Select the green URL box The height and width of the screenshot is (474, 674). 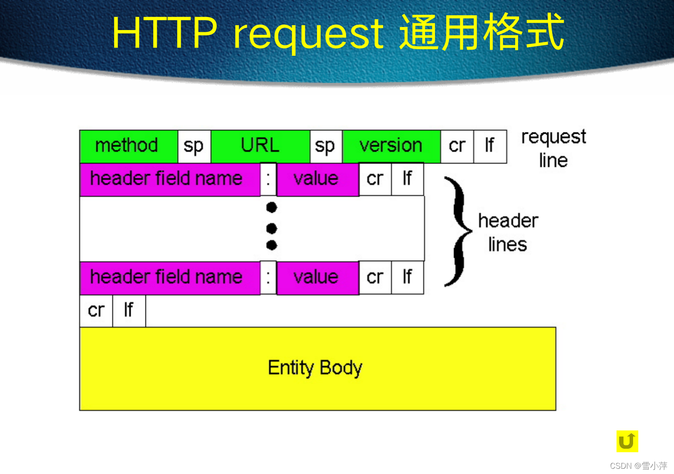[260, 146]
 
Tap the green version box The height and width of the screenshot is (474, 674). [391, 146]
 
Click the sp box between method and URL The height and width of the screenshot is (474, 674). [194, 146]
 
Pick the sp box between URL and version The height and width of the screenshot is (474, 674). [326, 146]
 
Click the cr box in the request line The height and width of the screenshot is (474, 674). [457, 146]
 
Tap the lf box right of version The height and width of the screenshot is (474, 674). [490, 146]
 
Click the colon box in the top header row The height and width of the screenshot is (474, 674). [268, 179]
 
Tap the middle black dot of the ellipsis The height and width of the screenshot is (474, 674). [272, 228]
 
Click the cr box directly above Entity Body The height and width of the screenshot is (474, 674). [96, 311]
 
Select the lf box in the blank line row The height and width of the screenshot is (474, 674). [129, 311]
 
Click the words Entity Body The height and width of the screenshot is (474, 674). [315, 368]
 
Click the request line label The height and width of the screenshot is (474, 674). [553, 149]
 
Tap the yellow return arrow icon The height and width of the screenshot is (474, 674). [627, 441]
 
